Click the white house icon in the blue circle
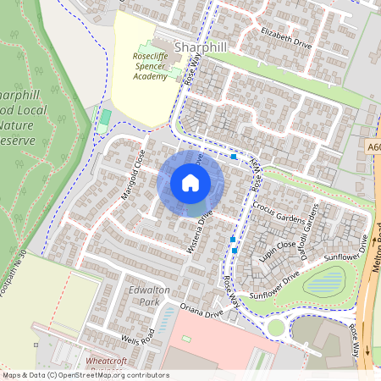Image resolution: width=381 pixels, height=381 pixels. point(190,182)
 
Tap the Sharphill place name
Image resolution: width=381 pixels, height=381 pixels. point(201,47)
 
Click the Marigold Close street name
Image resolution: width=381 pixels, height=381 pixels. point(133,174)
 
